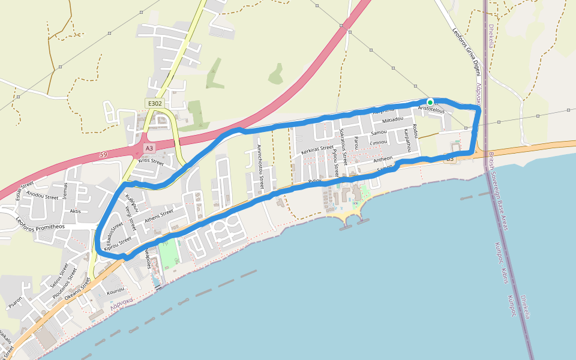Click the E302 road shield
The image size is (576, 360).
tap(155, 103)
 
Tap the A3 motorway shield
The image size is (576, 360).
tap(149, 148)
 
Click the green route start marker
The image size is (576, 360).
tap(430, 101)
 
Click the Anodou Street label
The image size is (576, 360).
tap(43, 196)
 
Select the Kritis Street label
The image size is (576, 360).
tap(151, 161)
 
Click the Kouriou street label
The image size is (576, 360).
tap(115, 292)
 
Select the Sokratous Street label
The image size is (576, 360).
tap(344, 146)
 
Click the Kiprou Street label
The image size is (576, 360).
tap(118, 244)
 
